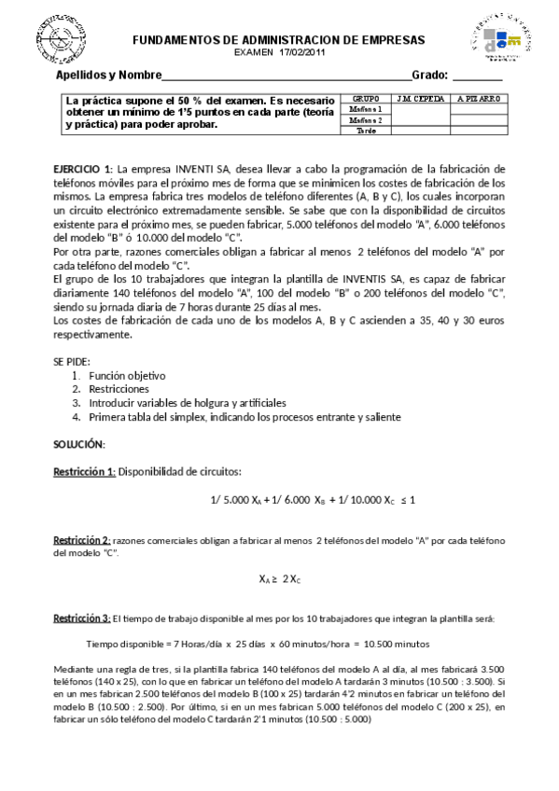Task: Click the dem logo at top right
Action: [x=501, y=42]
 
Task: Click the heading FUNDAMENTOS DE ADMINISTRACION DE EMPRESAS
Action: [x=278, y=40]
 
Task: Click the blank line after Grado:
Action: [x=477, y=76]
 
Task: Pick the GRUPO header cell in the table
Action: [x=365, y=98]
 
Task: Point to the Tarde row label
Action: [x=365, y=131]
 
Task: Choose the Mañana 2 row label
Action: [x=365, y=120]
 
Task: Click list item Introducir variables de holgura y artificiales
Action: [x=188, y=402]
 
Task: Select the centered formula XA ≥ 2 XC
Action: [x=279, y=578]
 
